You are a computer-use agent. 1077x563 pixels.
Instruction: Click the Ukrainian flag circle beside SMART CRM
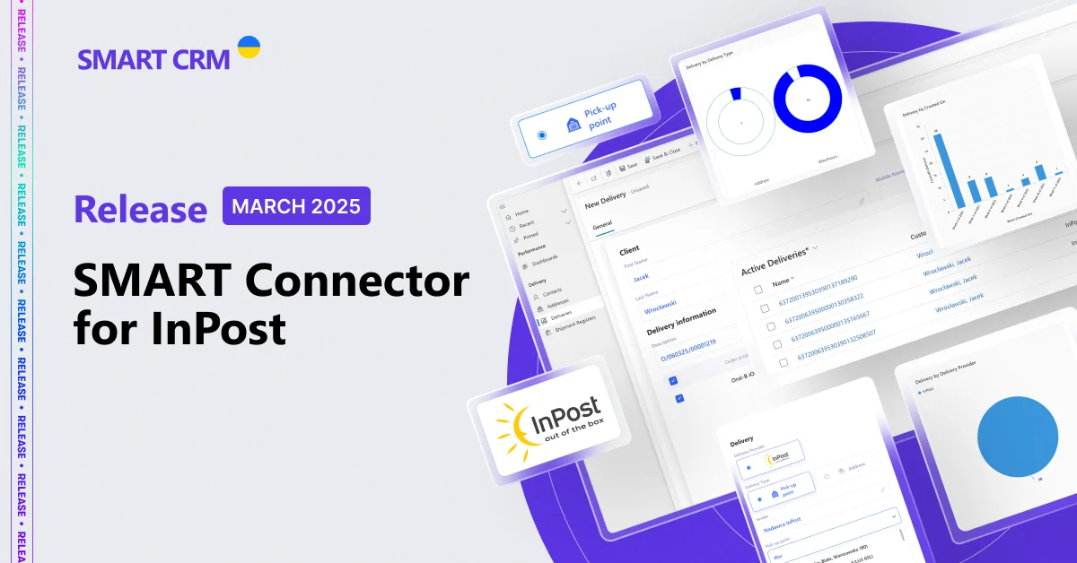(x=249, y=48)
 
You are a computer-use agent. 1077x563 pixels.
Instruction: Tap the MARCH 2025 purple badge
(x=296, y=206)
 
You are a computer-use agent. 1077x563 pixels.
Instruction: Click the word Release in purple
(x=141, y=208)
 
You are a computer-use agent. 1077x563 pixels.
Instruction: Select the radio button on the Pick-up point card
(x=541, y=135)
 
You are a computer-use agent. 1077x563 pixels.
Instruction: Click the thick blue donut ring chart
(x=807, y=100)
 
